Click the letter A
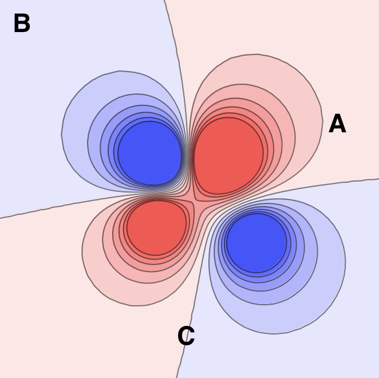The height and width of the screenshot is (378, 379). point(337,124)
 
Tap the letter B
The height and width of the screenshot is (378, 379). point(22,24)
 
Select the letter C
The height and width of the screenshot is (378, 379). point(186,337)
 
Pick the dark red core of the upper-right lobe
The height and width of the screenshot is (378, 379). point(228,155)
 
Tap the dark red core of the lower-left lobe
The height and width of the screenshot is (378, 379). point(157,227)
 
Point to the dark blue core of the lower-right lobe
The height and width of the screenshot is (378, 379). point(256,242)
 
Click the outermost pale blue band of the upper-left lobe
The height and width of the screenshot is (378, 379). point(74,132)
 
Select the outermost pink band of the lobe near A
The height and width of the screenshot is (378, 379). point(306,115)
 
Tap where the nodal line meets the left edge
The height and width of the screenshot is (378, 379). point(2,218)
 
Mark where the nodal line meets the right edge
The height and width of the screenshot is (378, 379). point(377,179)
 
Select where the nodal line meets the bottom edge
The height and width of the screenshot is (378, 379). point(177,376)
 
